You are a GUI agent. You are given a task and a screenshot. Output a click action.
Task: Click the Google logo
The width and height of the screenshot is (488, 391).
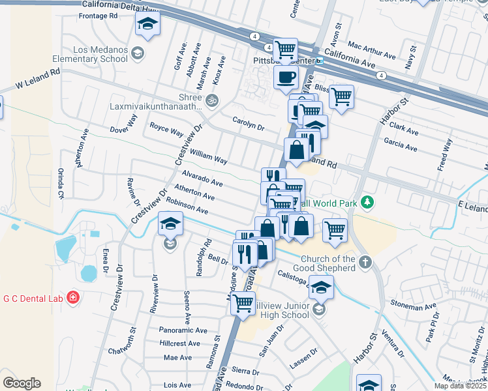tap(22, 383)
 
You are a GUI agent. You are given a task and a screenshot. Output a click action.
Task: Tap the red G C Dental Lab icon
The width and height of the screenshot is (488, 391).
tap(73, 298)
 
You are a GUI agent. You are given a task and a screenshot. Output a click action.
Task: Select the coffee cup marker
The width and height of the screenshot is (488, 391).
tap(285, 78)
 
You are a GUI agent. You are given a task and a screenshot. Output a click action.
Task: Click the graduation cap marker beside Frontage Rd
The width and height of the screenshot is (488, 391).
tap(147, 25)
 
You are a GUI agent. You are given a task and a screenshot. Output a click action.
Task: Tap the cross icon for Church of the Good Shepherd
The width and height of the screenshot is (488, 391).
tap(366, 263)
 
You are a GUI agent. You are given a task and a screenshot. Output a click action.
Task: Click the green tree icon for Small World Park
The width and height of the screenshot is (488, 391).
tap(368, 203)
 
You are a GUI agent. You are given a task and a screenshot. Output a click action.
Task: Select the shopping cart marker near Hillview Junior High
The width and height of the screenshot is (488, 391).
tap(243, 302)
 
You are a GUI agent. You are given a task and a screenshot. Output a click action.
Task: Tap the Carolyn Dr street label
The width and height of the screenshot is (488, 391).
tap(248, 124)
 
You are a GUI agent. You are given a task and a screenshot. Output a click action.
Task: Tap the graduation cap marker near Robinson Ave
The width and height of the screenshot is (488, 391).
tap(170, 224)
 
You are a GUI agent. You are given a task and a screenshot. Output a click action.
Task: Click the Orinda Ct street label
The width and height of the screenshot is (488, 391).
tap(61, 184)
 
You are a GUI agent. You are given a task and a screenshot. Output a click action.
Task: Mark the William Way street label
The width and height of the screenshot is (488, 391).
tap(208, 156)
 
